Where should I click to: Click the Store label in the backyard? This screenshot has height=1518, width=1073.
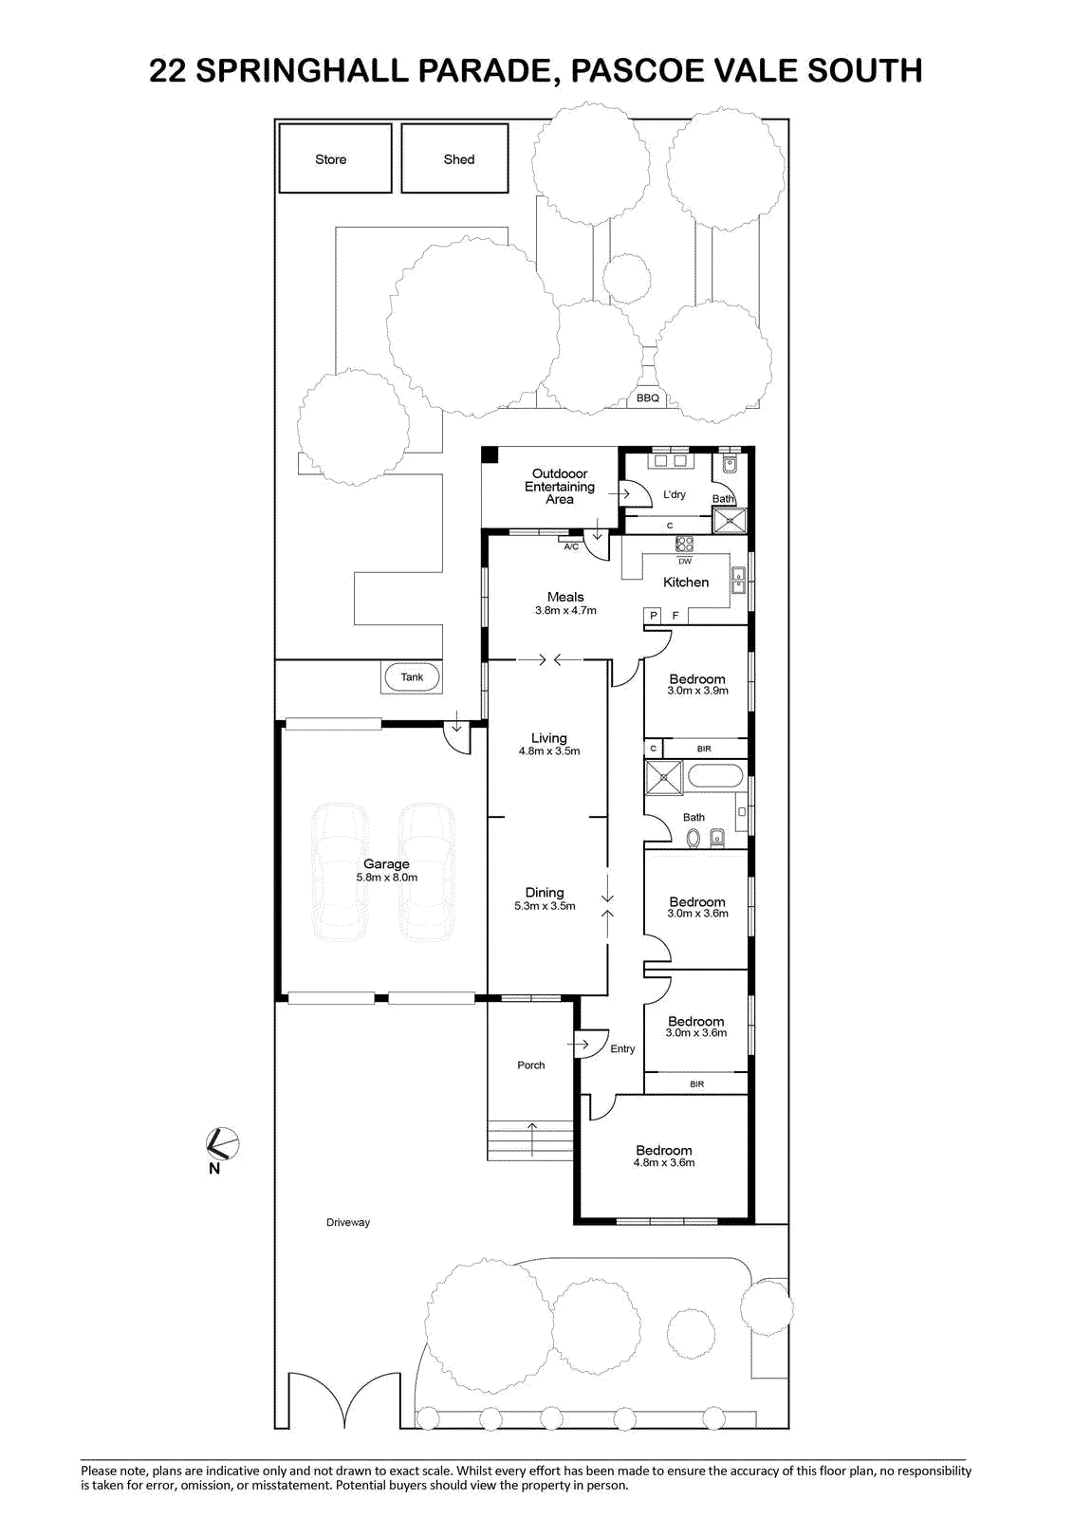331,159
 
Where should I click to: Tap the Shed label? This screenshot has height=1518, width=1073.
459,159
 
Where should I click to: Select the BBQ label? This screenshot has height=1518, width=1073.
647,398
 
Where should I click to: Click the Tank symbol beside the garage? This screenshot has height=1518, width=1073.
412,677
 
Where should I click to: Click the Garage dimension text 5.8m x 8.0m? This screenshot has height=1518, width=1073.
387,877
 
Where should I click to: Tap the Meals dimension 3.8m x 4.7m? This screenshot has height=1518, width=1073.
565,610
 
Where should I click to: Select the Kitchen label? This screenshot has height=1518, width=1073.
686,583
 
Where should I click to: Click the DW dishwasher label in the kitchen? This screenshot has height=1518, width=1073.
685,561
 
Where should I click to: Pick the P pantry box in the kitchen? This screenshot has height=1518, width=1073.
654,616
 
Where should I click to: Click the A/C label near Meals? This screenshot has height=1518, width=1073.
571,546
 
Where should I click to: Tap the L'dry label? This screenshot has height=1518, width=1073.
675,494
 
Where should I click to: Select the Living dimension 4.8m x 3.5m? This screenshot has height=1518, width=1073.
549,750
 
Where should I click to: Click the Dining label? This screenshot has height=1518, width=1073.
545,893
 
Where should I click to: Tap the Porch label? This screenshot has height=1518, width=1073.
530,1064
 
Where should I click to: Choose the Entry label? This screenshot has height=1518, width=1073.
622,1048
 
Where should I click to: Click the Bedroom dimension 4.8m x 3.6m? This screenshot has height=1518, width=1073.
664,1162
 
